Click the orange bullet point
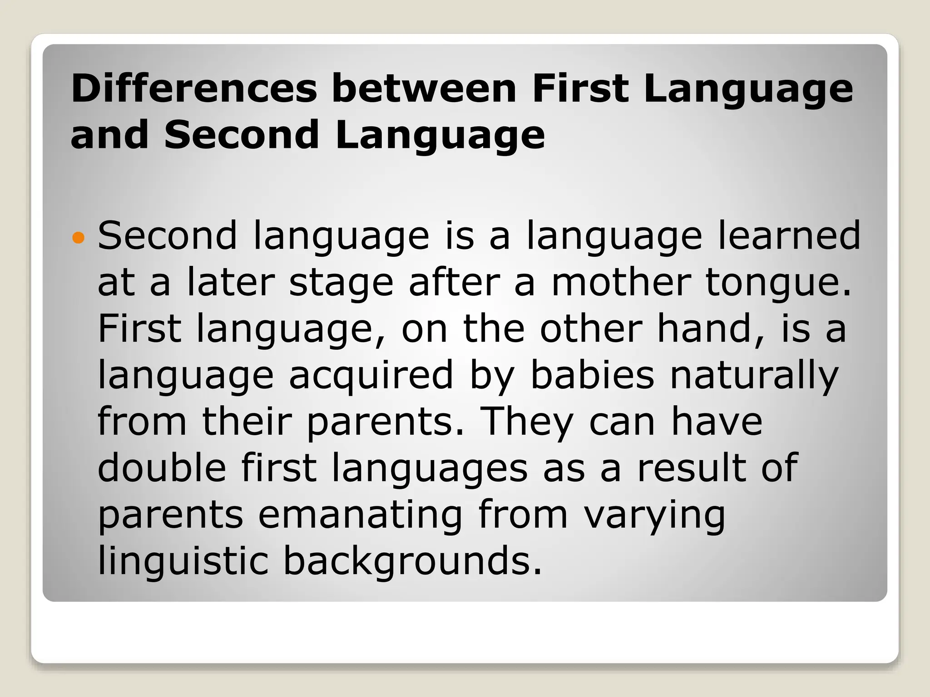click(79, 237)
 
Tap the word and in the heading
click(109, 135)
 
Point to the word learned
click(789, 236)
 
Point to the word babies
click(592, 375)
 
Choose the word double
click(162, 468)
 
